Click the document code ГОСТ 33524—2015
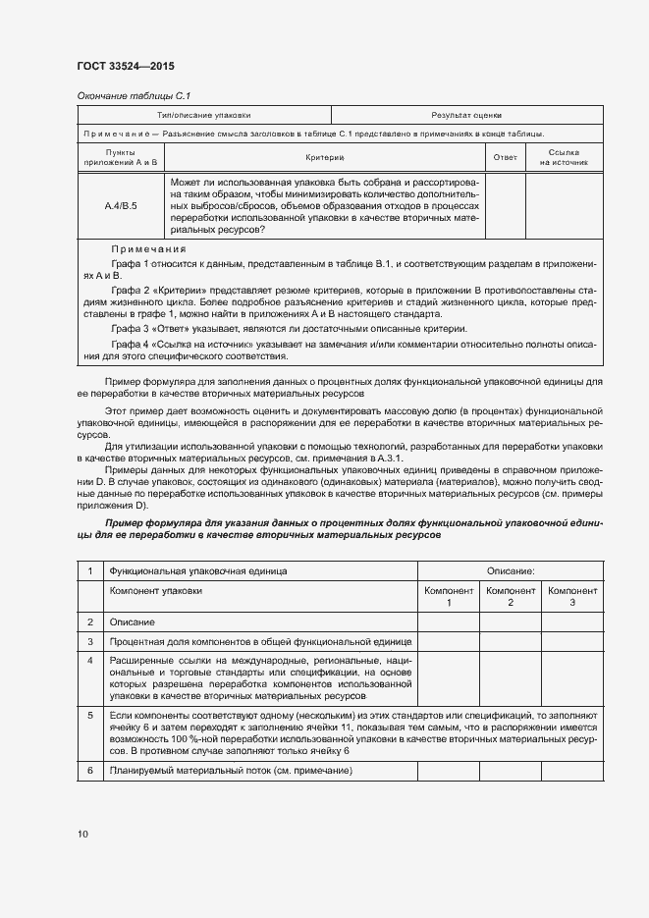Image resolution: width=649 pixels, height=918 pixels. coord(125,67)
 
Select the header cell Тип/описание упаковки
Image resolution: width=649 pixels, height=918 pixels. coord(204,116)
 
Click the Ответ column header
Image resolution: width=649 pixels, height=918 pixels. coord(505,157)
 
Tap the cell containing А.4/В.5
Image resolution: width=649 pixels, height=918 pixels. coord(121,206)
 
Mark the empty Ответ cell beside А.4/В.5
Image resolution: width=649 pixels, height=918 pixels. coord(505,206)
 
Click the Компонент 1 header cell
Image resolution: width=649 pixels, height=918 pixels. coord(449,596)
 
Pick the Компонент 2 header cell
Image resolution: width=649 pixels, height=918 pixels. coord(511,596)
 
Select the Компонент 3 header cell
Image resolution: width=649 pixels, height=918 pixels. coord(572,596)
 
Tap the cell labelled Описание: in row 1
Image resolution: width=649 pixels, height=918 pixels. coord(511,569)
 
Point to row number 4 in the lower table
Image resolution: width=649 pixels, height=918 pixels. coord(90,659)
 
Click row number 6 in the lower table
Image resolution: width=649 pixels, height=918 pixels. coord(90,771)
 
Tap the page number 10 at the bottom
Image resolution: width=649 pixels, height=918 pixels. coord(82,834)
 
